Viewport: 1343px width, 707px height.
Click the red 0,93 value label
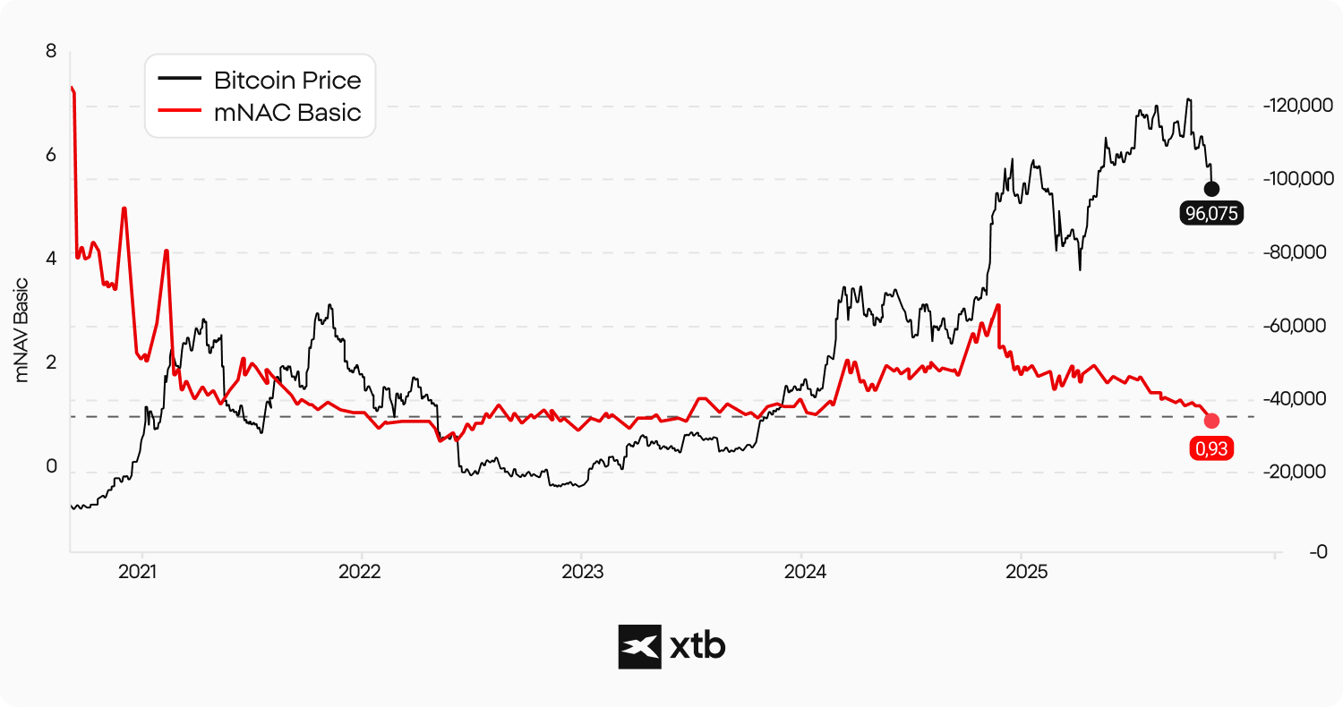point(1211,448)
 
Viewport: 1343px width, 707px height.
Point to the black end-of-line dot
point(1211,189)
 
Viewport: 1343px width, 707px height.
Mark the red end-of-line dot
point(1211,421)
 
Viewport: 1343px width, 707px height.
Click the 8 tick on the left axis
point(51,52)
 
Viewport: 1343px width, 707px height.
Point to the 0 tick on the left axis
point(51,466)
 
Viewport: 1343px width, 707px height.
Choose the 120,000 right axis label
point(1297,106)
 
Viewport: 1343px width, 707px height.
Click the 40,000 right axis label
point(1297,399)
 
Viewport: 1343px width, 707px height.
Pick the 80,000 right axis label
point(1297,253)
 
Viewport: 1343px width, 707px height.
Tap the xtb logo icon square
point(639,646)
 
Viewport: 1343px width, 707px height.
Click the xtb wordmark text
point(697,646)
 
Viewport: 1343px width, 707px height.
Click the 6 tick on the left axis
point(51,155)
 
